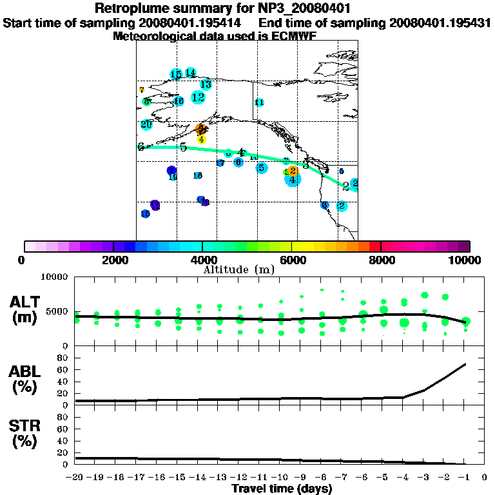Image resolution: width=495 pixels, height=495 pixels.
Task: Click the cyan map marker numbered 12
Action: (x=198, y=97)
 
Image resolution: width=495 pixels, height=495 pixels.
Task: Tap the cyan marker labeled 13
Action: (x=206, y=84)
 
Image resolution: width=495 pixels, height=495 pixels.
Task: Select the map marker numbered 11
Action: (x=259, y=102)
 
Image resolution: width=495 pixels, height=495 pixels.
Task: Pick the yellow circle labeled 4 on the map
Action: (x=201, y=139)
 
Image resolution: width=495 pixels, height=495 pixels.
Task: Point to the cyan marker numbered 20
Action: (x=146, y=124)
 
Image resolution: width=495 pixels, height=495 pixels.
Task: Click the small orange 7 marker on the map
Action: (x=141, y=90)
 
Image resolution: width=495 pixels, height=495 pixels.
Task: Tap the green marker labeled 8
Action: (x=147, y=101)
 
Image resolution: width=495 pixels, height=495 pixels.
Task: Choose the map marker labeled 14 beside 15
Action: (x=190, y=73)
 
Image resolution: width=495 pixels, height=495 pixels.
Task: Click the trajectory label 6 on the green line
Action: (x=141, y=147)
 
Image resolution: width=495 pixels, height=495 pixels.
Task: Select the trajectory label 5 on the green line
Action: (x=184, y=148)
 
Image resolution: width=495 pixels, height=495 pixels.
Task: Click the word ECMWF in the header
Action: (x=294, y=36)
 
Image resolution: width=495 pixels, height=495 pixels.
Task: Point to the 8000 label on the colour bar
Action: (x=381, y=260)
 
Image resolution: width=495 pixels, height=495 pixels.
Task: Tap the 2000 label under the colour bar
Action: (x=113, y=260)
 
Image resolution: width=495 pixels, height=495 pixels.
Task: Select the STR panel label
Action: (x=26, y=434)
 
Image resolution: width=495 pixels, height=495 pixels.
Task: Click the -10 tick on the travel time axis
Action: (x=281, y=478)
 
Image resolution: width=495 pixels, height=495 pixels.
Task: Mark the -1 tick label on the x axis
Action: (x=464, y=478)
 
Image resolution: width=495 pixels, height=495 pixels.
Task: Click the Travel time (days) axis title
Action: (x=282, y=489)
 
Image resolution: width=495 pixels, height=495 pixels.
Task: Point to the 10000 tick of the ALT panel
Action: (x=54, y=277)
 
